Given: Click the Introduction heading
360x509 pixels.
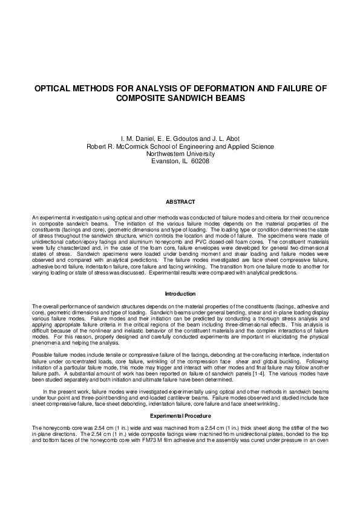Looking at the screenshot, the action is pos(181,294).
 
